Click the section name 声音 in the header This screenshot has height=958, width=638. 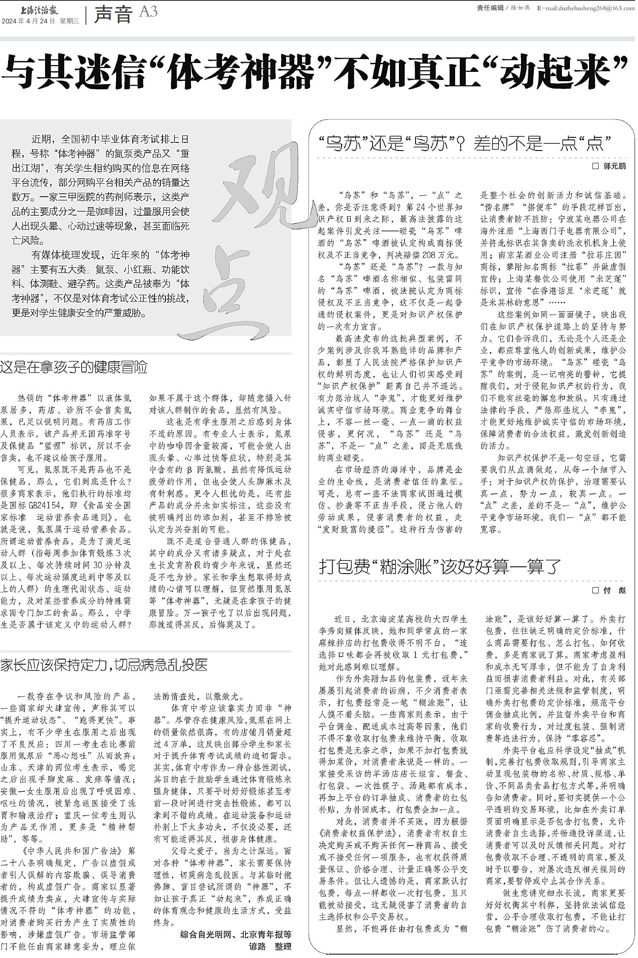(113, 14)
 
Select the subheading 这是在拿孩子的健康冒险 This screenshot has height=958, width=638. (74, 367)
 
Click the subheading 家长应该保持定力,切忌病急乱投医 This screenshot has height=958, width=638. (104, 665)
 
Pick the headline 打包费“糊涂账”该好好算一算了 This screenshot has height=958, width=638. (440, 566)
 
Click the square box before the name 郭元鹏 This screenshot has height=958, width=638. (595, 166)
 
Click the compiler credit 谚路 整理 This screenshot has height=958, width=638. (270, 946)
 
